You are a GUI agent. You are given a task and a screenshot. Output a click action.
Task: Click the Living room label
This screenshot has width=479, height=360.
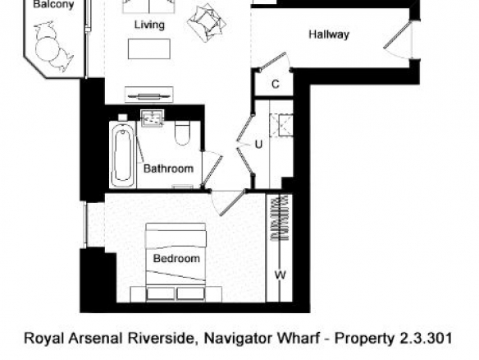tap(149, 25)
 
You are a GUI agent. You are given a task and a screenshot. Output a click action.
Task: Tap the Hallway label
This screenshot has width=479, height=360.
tap(329, 34)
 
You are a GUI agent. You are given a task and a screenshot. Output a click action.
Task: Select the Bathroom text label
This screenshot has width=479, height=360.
tap(168, 168)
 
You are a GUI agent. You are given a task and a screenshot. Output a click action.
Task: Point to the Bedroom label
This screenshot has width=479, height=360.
tap(176, 258)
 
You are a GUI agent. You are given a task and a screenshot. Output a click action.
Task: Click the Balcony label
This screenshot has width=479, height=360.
tap(53, 4)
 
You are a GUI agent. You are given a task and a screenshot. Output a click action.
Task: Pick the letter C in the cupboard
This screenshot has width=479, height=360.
tap(276, 84)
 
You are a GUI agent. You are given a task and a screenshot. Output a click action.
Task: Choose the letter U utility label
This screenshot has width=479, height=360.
tap(258, 144)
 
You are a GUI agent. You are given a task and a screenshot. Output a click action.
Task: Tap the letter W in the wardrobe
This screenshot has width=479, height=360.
tap(281, 275)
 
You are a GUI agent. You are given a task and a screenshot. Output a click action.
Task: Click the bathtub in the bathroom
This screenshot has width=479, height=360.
tap(123, 155)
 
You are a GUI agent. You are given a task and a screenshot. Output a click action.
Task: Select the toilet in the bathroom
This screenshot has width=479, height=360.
tap(182, 133)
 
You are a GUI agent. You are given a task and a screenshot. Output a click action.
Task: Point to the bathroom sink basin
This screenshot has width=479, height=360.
tap(152, 118)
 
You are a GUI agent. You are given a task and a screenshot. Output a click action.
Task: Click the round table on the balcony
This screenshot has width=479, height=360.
tap(47, 49)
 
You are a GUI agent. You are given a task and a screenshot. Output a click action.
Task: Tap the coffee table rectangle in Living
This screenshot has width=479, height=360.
tap(149, 49)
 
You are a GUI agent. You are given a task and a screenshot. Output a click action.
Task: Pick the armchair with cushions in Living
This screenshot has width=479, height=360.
tap(207, 23)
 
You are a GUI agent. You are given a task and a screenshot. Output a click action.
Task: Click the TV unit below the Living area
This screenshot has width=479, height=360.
tap(149, 95)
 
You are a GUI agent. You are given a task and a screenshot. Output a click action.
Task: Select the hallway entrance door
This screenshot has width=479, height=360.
tap(398, 35)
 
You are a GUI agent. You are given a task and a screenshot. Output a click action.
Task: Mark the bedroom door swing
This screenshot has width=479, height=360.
tap(228, 203)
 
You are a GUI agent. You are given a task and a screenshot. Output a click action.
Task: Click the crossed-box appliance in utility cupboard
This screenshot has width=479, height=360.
tap(281, 125)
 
